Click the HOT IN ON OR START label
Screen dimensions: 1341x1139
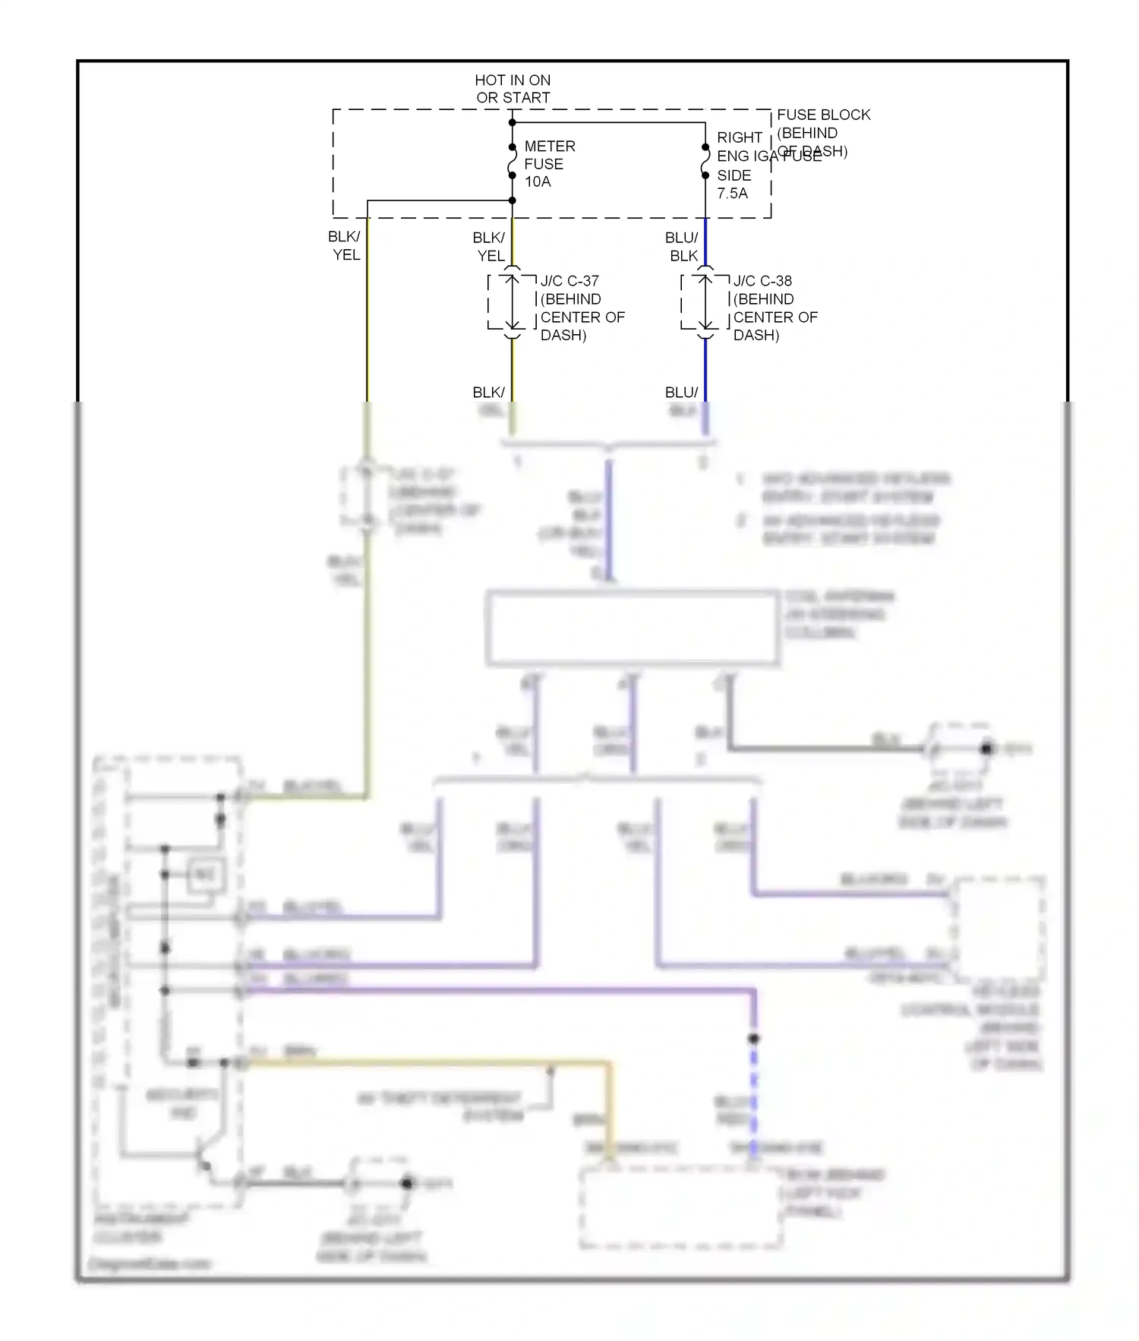[513, 89]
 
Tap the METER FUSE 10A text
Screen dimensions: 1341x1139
[548, 163]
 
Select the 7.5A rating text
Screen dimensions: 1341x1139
[732, 194]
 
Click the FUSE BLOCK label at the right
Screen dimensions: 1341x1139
[823, 115]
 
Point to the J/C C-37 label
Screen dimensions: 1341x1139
[569, 281]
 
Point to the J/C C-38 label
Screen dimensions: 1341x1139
[762, 281]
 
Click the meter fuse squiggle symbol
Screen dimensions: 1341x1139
[513, 162]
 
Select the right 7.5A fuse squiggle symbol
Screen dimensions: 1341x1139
[705, 162]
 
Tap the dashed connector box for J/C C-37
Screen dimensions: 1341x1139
[513, 302]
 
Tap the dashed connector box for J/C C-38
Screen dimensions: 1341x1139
[705, 302]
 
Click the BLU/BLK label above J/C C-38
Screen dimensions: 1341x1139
[682, 247]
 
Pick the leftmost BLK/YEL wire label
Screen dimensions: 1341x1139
[345, 246]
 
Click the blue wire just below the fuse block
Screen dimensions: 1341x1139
[705, 241]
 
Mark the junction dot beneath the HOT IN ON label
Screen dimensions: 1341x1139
[513, 122]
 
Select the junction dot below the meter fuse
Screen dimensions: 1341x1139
[513, 200]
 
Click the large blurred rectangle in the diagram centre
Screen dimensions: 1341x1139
[632, 628]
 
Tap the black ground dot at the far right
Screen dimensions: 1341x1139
[986, 749]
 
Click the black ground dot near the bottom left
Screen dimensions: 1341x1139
[406, 1183]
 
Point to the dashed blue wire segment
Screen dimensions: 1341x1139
[754, 1093]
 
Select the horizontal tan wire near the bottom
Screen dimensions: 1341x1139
[425, 1064]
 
